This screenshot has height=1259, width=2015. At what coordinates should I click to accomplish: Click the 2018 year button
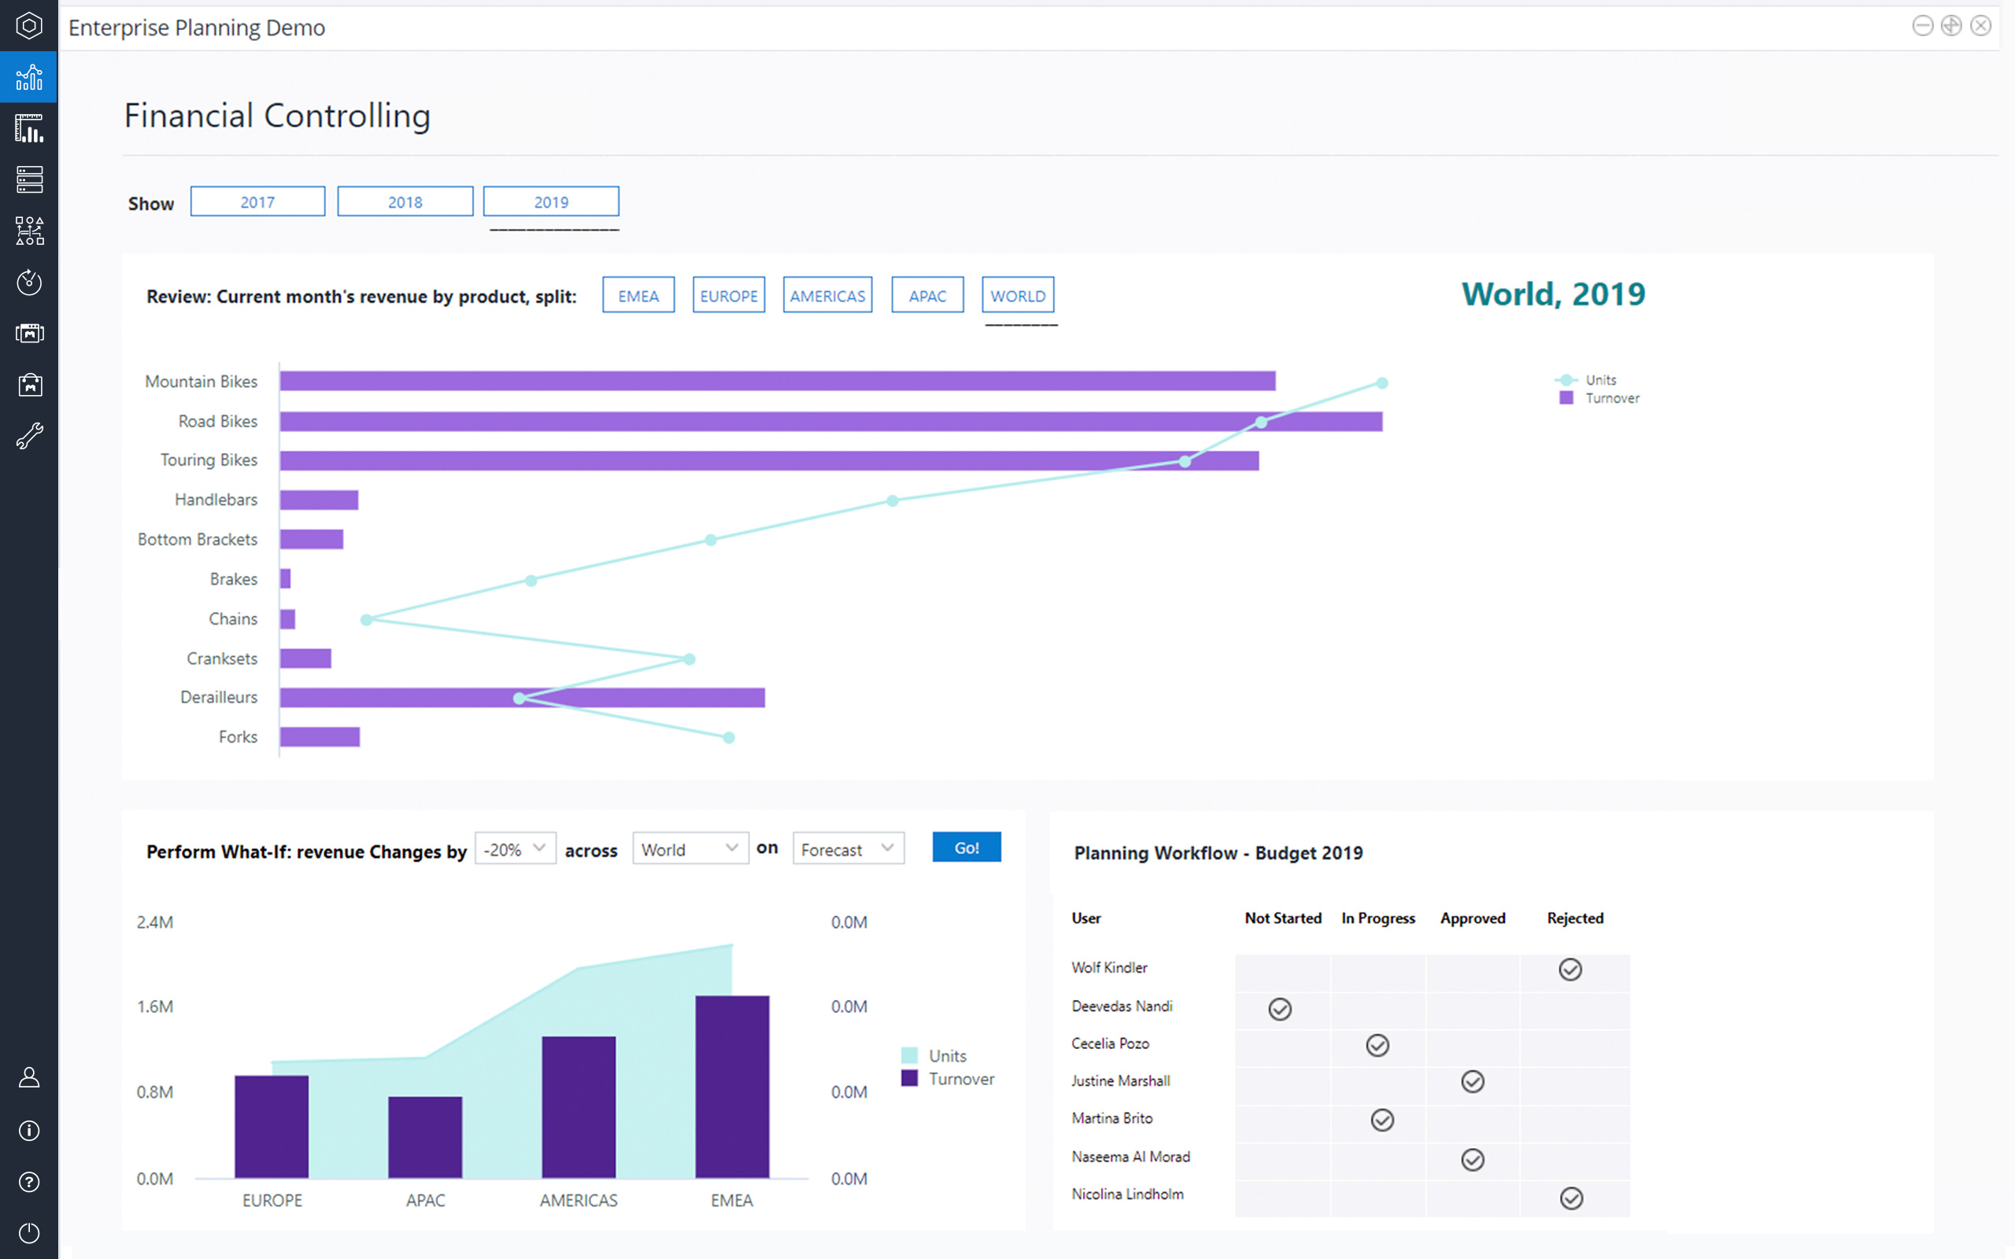pos(405,201)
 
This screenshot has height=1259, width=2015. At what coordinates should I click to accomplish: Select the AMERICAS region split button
pos(826,296)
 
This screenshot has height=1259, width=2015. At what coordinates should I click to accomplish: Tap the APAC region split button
pos(926,296)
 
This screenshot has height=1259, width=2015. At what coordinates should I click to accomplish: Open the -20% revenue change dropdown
pos(515,849)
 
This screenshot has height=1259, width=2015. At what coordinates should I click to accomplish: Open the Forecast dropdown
pos(848,849)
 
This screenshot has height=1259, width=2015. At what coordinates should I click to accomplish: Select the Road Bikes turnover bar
pos(830,421)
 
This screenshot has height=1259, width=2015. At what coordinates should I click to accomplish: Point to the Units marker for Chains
pos(366,619)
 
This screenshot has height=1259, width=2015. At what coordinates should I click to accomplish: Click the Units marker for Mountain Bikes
pos(1382,383)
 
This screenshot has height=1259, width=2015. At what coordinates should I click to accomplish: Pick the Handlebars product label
pos(216,500)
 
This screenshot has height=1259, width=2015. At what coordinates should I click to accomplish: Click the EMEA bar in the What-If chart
pos(732,1087)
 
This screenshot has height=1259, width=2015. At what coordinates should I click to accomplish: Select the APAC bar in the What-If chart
pos(425,1138)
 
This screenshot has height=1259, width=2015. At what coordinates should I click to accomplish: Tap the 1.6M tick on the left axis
pos(155,1006)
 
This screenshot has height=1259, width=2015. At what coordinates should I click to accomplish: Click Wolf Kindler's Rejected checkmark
pos(1570,970)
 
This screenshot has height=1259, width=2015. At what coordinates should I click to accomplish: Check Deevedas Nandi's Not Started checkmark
pos(1280,1010)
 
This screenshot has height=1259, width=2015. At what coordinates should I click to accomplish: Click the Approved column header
pos(1472,918)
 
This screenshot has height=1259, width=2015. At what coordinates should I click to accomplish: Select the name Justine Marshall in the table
pos(1120,1081)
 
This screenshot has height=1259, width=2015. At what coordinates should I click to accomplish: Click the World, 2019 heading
pos(1553,294)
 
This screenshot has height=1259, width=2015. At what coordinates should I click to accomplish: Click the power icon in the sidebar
pos(29,1233)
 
